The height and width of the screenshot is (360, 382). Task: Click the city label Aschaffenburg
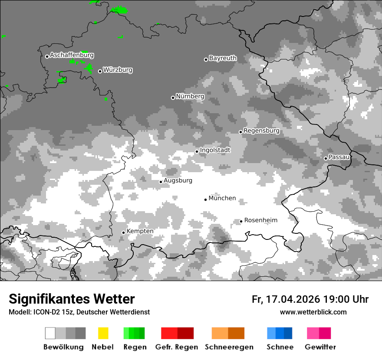[72, 56]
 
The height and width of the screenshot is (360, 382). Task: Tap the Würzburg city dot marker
[100, 71]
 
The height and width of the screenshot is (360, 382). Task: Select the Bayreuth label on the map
[223, 58]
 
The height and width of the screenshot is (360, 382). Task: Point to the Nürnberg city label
[190, 96]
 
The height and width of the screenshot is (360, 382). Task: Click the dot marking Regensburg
[240, 132]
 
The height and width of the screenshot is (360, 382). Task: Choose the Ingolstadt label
[215, 150]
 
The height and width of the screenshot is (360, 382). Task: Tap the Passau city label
[339, 157]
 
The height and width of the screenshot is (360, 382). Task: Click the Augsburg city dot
[161, 182]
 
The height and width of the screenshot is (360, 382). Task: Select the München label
[222, 198]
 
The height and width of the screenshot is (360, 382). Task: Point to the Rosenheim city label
[261, 220]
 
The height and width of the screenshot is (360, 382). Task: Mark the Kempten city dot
[123, 232]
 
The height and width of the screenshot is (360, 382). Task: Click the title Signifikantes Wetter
[72, 299]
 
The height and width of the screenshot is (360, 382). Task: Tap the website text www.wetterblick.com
[313, 312]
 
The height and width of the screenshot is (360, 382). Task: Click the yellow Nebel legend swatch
[103, 333]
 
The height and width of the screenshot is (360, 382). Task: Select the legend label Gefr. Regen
[177, 347]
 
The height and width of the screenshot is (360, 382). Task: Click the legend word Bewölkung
[63, 347]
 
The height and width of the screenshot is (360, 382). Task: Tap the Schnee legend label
[280, 347]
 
